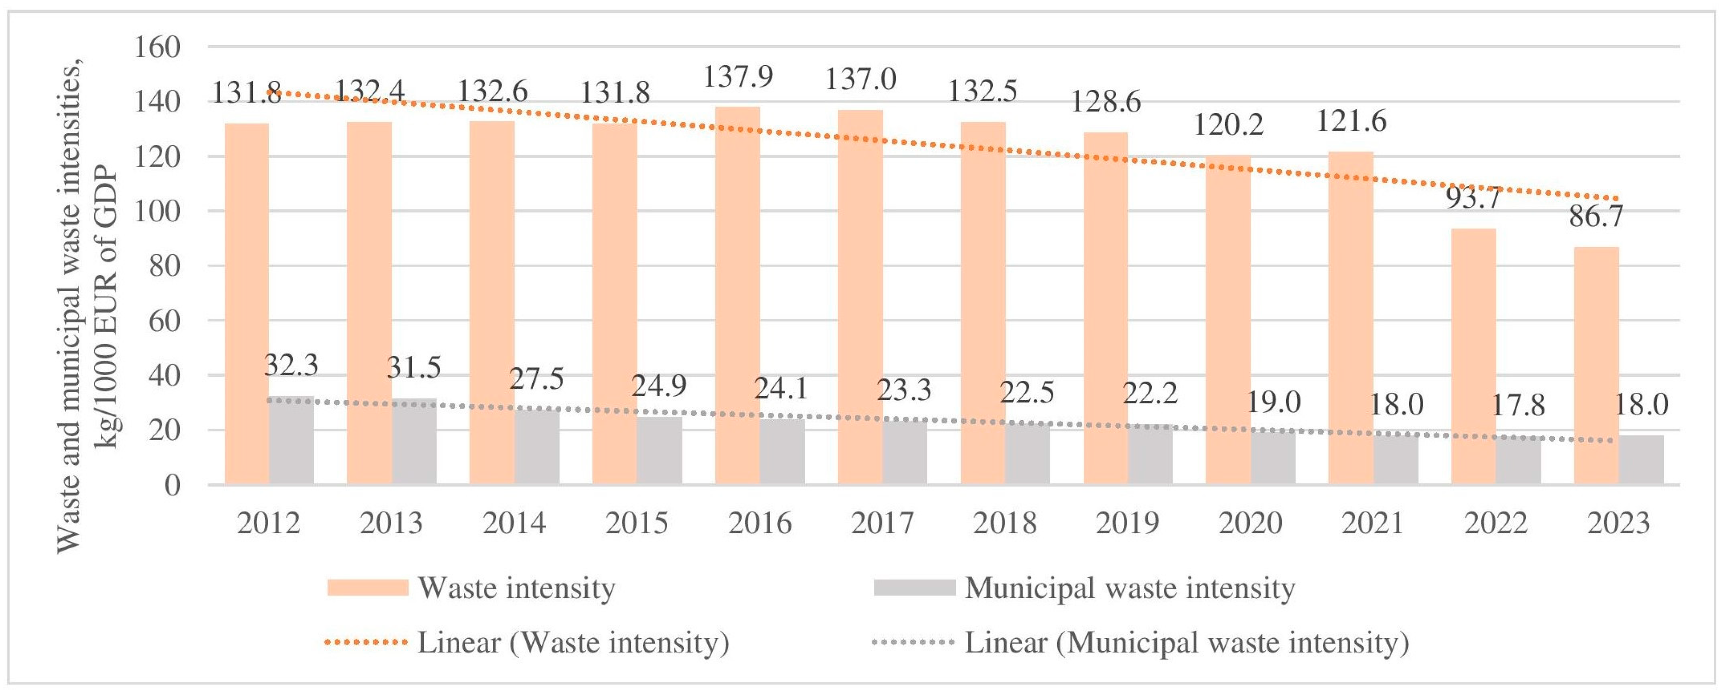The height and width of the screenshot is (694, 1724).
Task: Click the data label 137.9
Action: pyautogui.click(x=738, y=76)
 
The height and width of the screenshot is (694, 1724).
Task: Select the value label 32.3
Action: pyautogui.click(x=291, y=365)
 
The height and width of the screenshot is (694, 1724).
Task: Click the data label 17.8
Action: pyautogui.click(x=1519, y=405)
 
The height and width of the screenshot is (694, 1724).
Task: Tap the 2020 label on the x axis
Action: pyautogui.click(x=1250, y=523)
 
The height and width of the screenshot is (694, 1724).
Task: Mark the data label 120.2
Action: pyautogui.click(x=1229, y=124)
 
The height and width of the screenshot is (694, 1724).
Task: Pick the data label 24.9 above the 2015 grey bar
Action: pyautogui.click(x=659, y=385)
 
